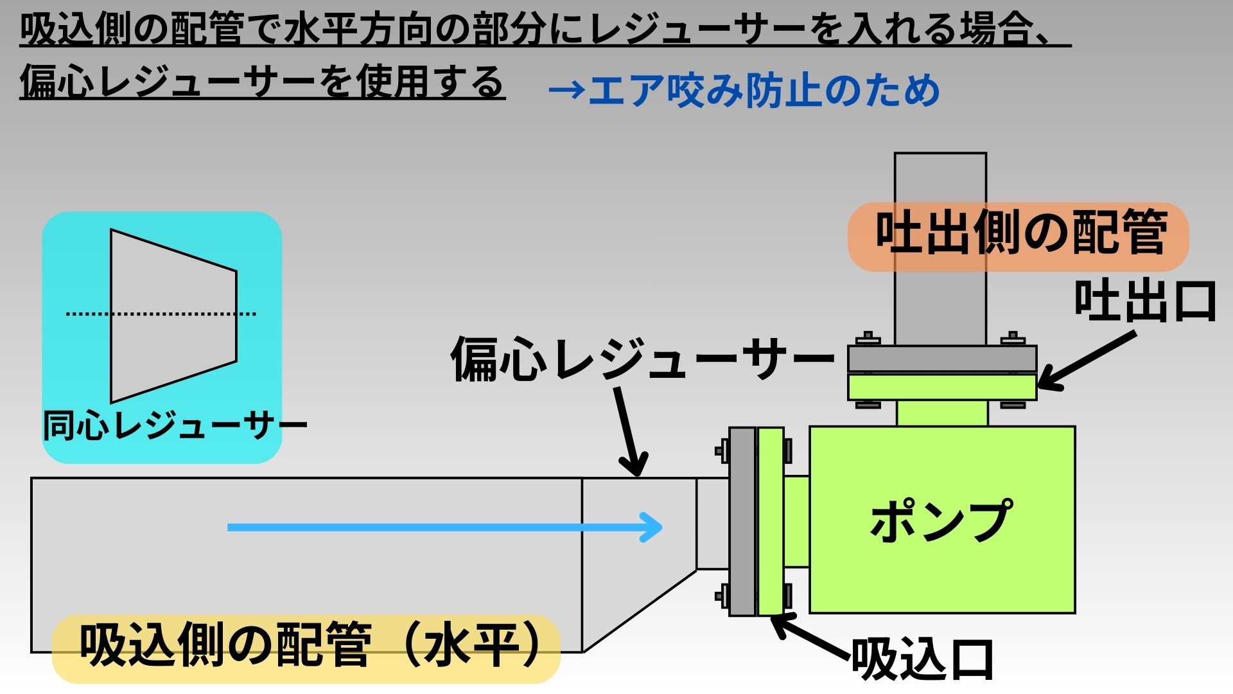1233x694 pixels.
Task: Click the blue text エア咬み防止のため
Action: tap(745, 91)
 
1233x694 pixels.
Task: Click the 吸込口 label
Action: tap(922, 659)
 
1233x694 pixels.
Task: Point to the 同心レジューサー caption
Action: tap(175, 425)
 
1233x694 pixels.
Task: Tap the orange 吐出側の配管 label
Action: tap(1019, 235)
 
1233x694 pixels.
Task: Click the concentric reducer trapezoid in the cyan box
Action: tap(173, 316)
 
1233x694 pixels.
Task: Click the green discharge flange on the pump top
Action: tap(942, 387)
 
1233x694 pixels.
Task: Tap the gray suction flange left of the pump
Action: tap(742, 522)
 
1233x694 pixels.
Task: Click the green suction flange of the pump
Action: tap(771, 522)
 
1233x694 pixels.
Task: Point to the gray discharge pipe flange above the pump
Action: tap(942, 359)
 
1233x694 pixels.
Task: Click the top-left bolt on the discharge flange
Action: tap(868, 337)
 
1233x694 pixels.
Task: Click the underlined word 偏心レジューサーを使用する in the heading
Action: tap(262, 84)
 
